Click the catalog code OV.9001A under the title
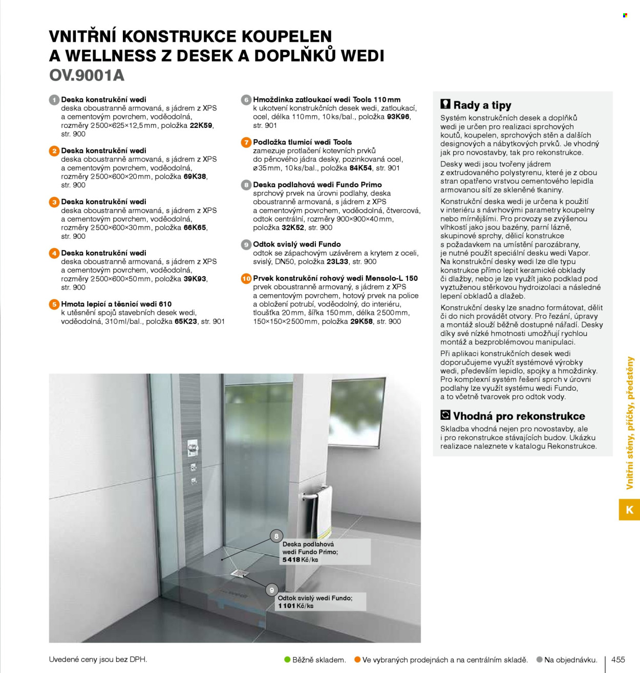pyautogui.click(x=87, y=76)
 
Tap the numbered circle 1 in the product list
pyautogui.click(x=54, y=100)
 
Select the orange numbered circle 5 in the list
pyautogui.click(x=54, y=304)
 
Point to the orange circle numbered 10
pyautogui.click(x=246, y=279)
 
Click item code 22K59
pyautogui.click(x=201, y=126)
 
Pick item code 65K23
pyautogui.click(x=186, y=322)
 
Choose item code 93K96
pyautogui.click(x=398, y=117)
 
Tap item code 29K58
pyautogui.click(x=361, y=322)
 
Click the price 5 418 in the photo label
pyautogui.click(x=291, y=560)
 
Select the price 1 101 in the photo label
pyautogui.click(x=287, y=606)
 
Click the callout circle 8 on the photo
pyautogui.click(x=276, y=536)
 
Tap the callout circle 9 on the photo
pyautogui.click(x=272, y=590)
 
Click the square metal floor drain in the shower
pyautogui.click(x=239, y=574)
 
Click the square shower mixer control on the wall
pyautogui.click(x=193, y=448)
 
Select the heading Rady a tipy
pyautogui.click(x=482, y=105)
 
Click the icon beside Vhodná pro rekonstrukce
pyautogui.click(x=445, y=415)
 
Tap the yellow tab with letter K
pyautogui.click(x=629, y=510)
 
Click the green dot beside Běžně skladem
pyautogui.click(x=288, y=660)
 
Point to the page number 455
pyautogui.click(x=618, y=660)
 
